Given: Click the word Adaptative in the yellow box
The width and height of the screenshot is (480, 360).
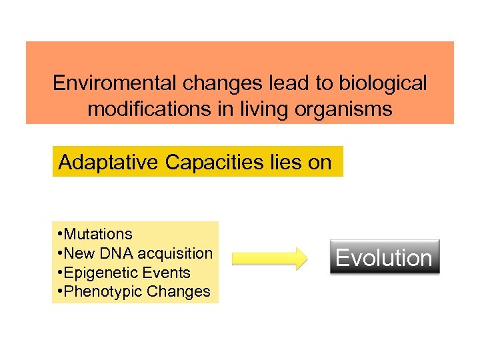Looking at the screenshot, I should [x=109, y=162].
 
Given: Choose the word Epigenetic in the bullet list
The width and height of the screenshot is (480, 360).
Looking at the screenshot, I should [x=99, y=273].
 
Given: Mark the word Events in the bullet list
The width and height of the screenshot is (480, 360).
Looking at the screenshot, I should [x=169, y=273].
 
